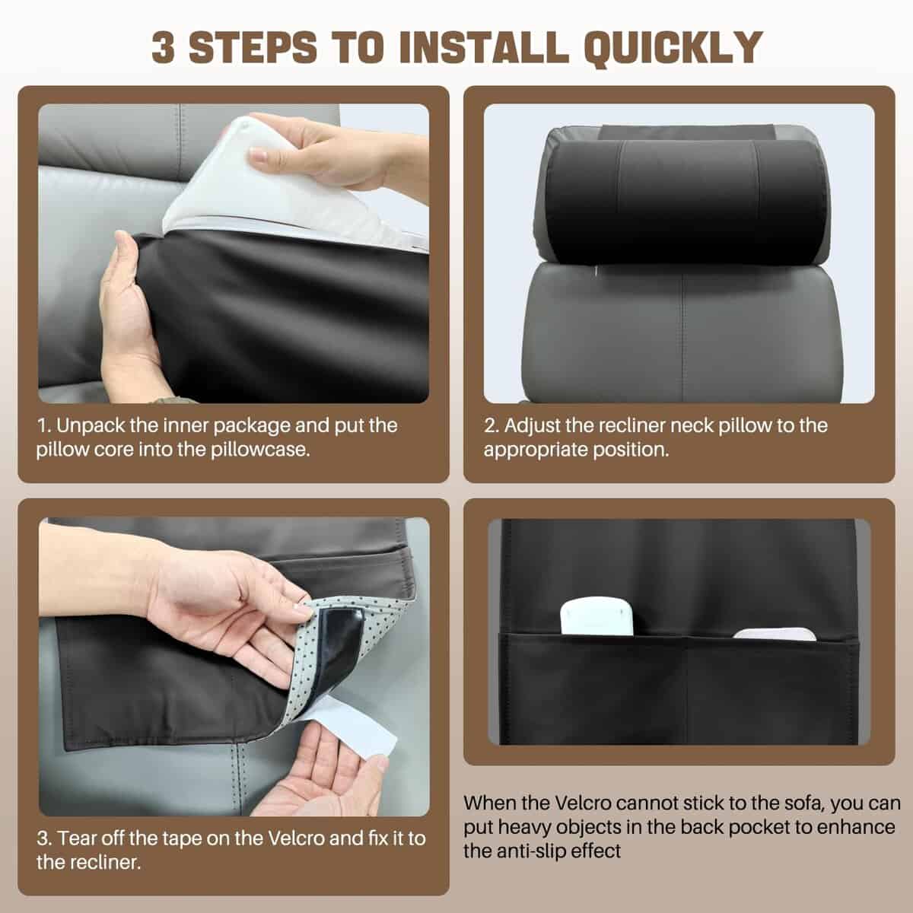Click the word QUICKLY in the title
click(x=673, y=48)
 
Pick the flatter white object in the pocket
click(x=775, y=634)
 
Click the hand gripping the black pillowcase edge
click(x=130, y=317)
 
